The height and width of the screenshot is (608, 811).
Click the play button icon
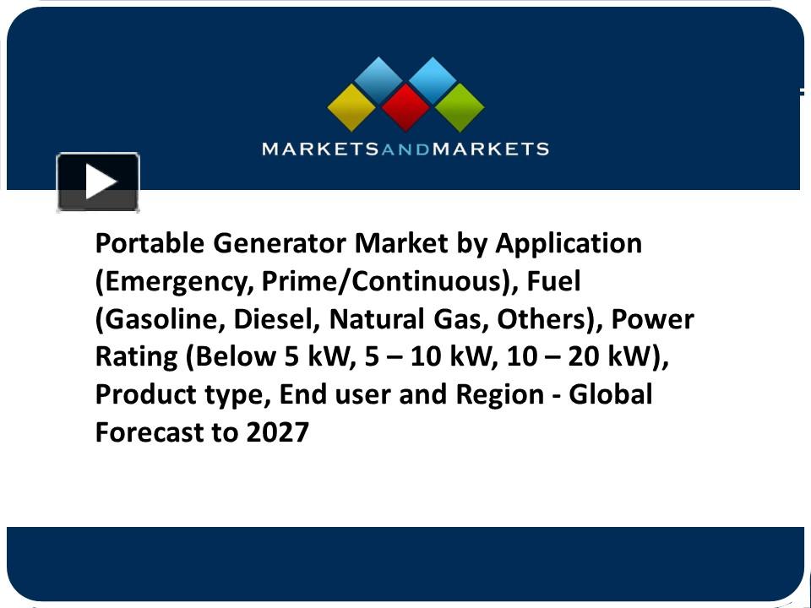point(98,182)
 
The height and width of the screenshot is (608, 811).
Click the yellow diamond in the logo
point(351,107)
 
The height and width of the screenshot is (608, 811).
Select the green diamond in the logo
point(460,107)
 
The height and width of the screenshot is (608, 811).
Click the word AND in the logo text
point(405,149)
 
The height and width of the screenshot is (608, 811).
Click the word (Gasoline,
point(160,320)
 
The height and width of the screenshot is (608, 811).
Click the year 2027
point(278,432)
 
